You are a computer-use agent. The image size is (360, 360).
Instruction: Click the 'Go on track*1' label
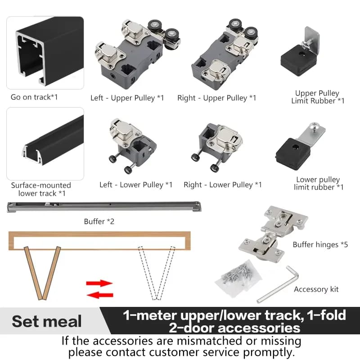point(34,97)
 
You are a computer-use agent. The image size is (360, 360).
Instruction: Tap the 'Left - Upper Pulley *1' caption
point(127,98)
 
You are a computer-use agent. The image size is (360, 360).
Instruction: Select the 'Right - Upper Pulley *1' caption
point(216,98)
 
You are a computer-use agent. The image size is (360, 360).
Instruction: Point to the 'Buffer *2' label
point(99,221)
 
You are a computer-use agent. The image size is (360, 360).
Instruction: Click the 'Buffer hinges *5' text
point(320,245)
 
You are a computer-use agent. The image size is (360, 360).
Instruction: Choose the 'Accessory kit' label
point(316,289)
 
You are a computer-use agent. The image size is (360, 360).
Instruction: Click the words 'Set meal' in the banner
point(47,321)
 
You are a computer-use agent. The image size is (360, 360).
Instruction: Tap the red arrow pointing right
point(99,283)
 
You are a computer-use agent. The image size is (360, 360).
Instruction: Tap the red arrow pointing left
point(100,295)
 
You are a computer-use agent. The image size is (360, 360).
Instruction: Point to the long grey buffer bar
point(104,207)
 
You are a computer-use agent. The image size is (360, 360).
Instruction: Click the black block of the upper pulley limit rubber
point(298,60)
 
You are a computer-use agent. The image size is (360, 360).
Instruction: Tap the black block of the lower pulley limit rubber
point(293,154)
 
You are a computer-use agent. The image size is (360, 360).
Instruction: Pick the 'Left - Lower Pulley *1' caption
point(136,185)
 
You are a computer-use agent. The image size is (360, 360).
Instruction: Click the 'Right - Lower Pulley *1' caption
point(222,185)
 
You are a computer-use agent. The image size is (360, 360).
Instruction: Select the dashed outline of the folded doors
point(157,273)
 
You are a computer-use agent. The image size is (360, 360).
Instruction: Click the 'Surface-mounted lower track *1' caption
point(41,189)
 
